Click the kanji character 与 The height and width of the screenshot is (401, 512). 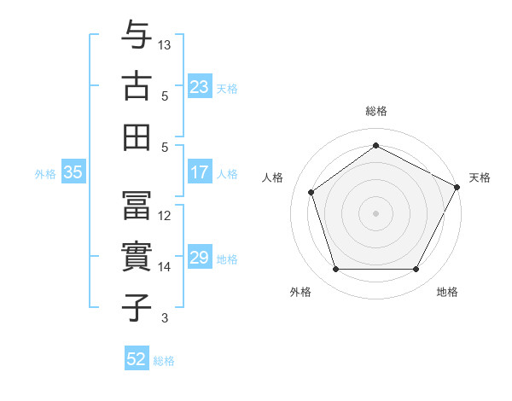click(x=137, y=36)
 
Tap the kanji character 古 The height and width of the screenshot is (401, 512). click(x=137, y=86)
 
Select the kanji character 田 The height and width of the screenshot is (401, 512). click(x=137, y=137)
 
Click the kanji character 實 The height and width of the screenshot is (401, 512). click(x=137, y=257)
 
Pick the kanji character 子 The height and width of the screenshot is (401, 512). click(x=137, y=307)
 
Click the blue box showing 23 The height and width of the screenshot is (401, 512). click(x=200, y=86)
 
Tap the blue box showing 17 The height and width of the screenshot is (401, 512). click(x=200, y=173)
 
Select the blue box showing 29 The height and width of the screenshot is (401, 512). click(x=200, y=259)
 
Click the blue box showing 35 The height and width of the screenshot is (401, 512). click(x=73, y=173)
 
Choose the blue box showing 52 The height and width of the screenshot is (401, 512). click(x=137, y=360)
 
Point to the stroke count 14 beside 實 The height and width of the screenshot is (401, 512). click(x=166, y=267)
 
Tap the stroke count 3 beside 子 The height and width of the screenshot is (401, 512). click(x=165, y=318)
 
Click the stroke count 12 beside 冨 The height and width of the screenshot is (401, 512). click(x=166, y=216)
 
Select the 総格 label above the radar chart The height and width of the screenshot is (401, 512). click(x=376, y=111)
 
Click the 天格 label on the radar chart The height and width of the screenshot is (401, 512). click(x=480, y=177)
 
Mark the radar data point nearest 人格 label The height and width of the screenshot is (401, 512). click(x=311, y=192)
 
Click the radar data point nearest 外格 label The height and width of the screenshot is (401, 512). click(x=336, y=270)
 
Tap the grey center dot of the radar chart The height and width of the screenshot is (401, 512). click(x=376, y=212)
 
